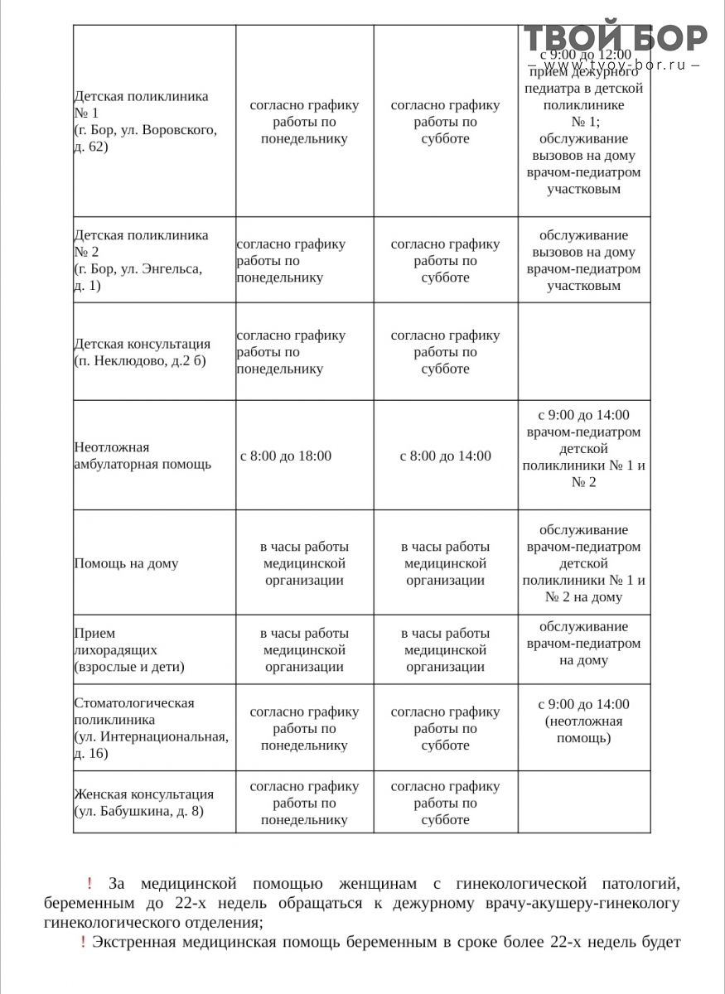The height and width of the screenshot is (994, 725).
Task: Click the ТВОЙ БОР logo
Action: (615, 38)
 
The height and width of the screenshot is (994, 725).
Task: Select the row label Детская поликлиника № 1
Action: (141, 104)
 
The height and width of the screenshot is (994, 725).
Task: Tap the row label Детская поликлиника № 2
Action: (141, 244)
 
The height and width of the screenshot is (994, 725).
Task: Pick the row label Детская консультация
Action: (142, 344)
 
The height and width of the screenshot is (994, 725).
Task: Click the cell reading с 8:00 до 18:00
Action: (286, 456)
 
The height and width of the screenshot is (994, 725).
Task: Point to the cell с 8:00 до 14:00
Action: (445, 456)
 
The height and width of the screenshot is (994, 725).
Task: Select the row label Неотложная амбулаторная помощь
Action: (143, 456)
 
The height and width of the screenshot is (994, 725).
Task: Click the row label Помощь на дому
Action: (126, 563)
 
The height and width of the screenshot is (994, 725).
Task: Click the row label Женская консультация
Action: (143, 794)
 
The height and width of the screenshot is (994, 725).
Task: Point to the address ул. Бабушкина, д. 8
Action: (138, 812)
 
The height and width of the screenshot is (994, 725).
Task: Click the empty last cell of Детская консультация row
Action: (583, 352)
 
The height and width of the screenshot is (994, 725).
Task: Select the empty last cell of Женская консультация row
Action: (583, 802)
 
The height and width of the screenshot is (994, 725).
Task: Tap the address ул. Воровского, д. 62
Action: (146, 138)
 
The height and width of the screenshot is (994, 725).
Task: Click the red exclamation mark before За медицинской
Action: (89, 885)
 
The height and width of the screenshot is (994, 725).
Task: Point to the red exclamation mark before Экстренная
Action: (83, 942)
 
